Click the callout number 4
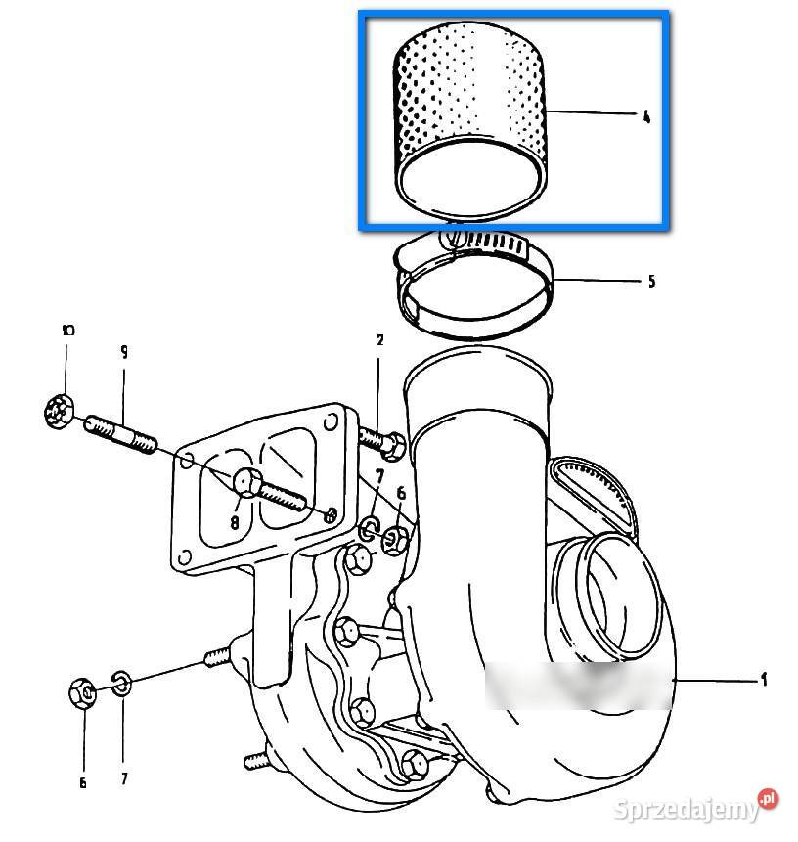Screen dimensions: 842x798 646,117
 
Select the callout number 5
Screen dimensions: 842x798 651,282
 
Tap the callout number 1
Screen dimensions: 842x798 764,679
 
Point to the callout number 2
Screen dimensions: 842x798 379,341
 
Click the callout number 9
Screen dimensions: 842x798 124,351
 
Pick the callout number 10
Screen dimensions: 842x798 66,331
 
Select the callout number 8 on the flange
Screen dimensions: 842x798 235,522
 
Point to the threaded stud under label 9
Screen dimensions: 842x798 122,434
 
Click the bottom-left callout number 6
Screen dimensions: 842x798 82,782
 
